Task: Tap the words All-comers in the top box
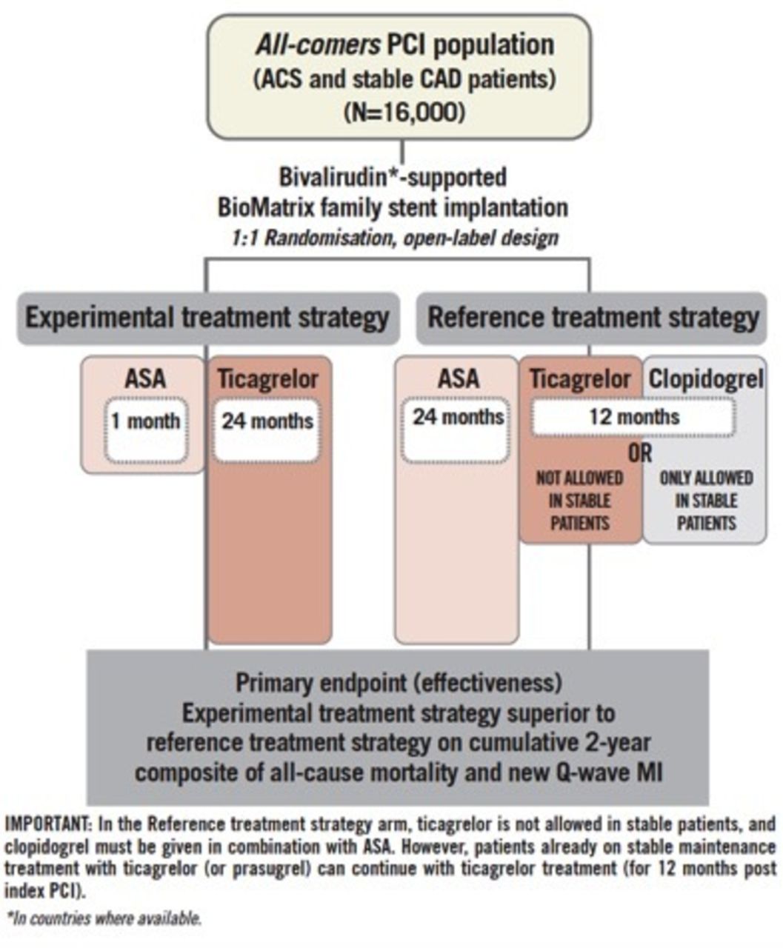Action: (319, 45)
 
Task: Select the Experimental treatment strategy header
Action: (207, 318)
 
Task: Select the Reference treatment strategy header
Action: (593, 318)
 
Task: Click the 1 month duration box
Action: (145, 422)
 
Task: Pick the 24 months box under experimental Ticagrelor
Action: (267, 422)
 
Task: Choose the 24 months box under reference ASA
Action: (458, 417)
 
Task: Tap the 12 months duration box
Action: (634, 416)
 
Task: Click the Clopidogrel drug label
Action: (706, 378)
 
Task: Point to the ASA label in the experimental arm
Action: (145, 378)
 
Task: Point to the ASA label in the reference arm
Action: (458, 378)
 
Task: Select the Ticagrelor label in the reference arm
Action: (580, 378)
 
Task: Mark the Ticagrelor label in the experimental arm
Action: (267, 378)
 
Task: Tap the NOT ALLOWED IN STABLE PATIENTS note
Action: (580, 501)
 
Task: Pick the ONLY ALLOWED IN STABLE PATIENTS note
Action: (706, 501)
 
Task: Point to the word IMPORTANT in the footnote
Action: (44, 824)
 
